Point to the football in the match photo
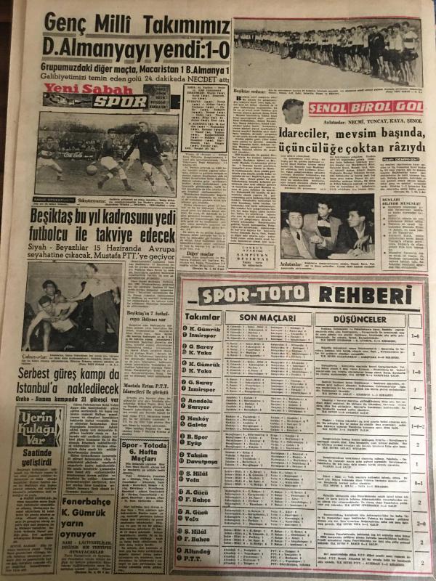pyautogui.click(x=92, y=168)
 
